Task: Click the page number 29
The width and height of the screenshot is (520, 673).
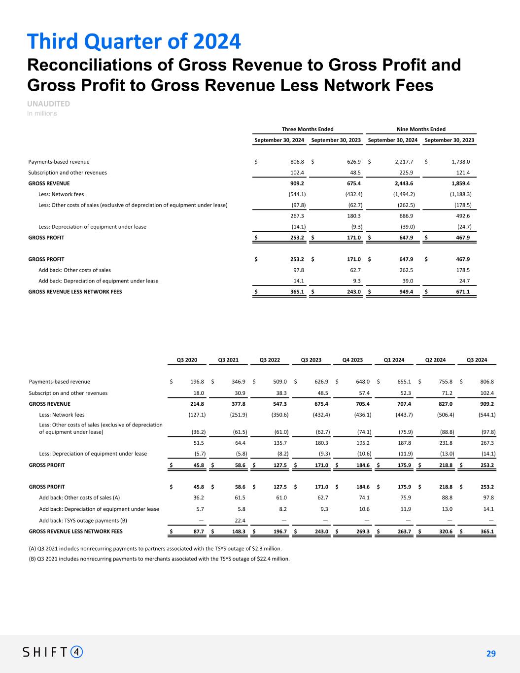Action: [x=490, y=654]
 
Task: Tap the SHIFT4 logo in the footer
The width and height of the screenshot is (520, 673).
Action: [x=53, y=652]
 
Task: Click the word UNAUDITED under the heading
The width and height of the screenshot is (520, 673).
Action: [x=48, y=104]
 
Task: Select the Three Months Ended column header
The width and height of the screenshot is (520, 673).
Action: [x=308, y=129]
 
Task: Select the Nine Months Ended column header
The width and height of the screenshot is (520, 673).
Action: [x=421, y=129]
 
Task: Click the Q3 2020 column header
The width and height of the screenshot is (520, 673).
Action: [x=187, y=360]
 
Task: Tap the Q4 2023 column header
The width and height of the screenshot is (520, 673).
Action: [x=352, y=360]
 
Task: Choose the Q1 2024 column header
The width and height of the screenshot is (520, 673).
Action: [x=394, y=360]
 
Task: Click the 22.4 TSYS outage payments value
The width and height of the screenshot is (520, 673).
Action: [x=240, y=521]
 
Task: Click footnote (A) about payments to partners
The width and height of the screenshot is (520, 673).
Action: [x=155, y=548]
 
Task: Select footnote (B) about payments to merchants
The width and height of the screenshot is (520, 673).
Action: [x=159, y=559]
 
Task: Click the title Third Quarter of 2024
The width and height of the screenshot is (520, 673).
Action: [x=134, y=41]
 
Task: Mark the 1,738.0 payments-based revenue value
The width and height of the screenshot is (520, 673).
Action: [x=460, y=162]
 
